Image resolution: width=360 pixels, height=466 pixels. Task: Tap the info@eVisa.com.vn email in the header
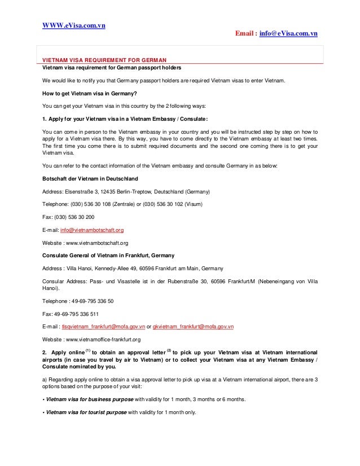[x=288, y=34]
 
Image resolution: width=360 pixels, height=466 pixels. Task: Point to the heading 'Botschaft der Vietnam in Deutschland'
[x=90, y=178]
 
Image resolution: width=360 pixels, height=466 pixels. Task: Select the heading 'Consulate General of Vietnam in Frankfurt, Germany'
[x=108, y=256]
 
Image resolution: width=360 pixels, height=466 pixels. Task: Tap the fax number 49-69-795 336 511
[x=74, y=314]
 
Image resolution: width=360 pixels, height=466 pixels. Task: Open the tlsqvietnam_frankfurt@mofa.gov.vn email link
[x=103, y=327]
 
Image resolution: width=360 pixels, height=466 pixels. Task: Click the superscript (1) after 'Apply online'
[x=87, y=350]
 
